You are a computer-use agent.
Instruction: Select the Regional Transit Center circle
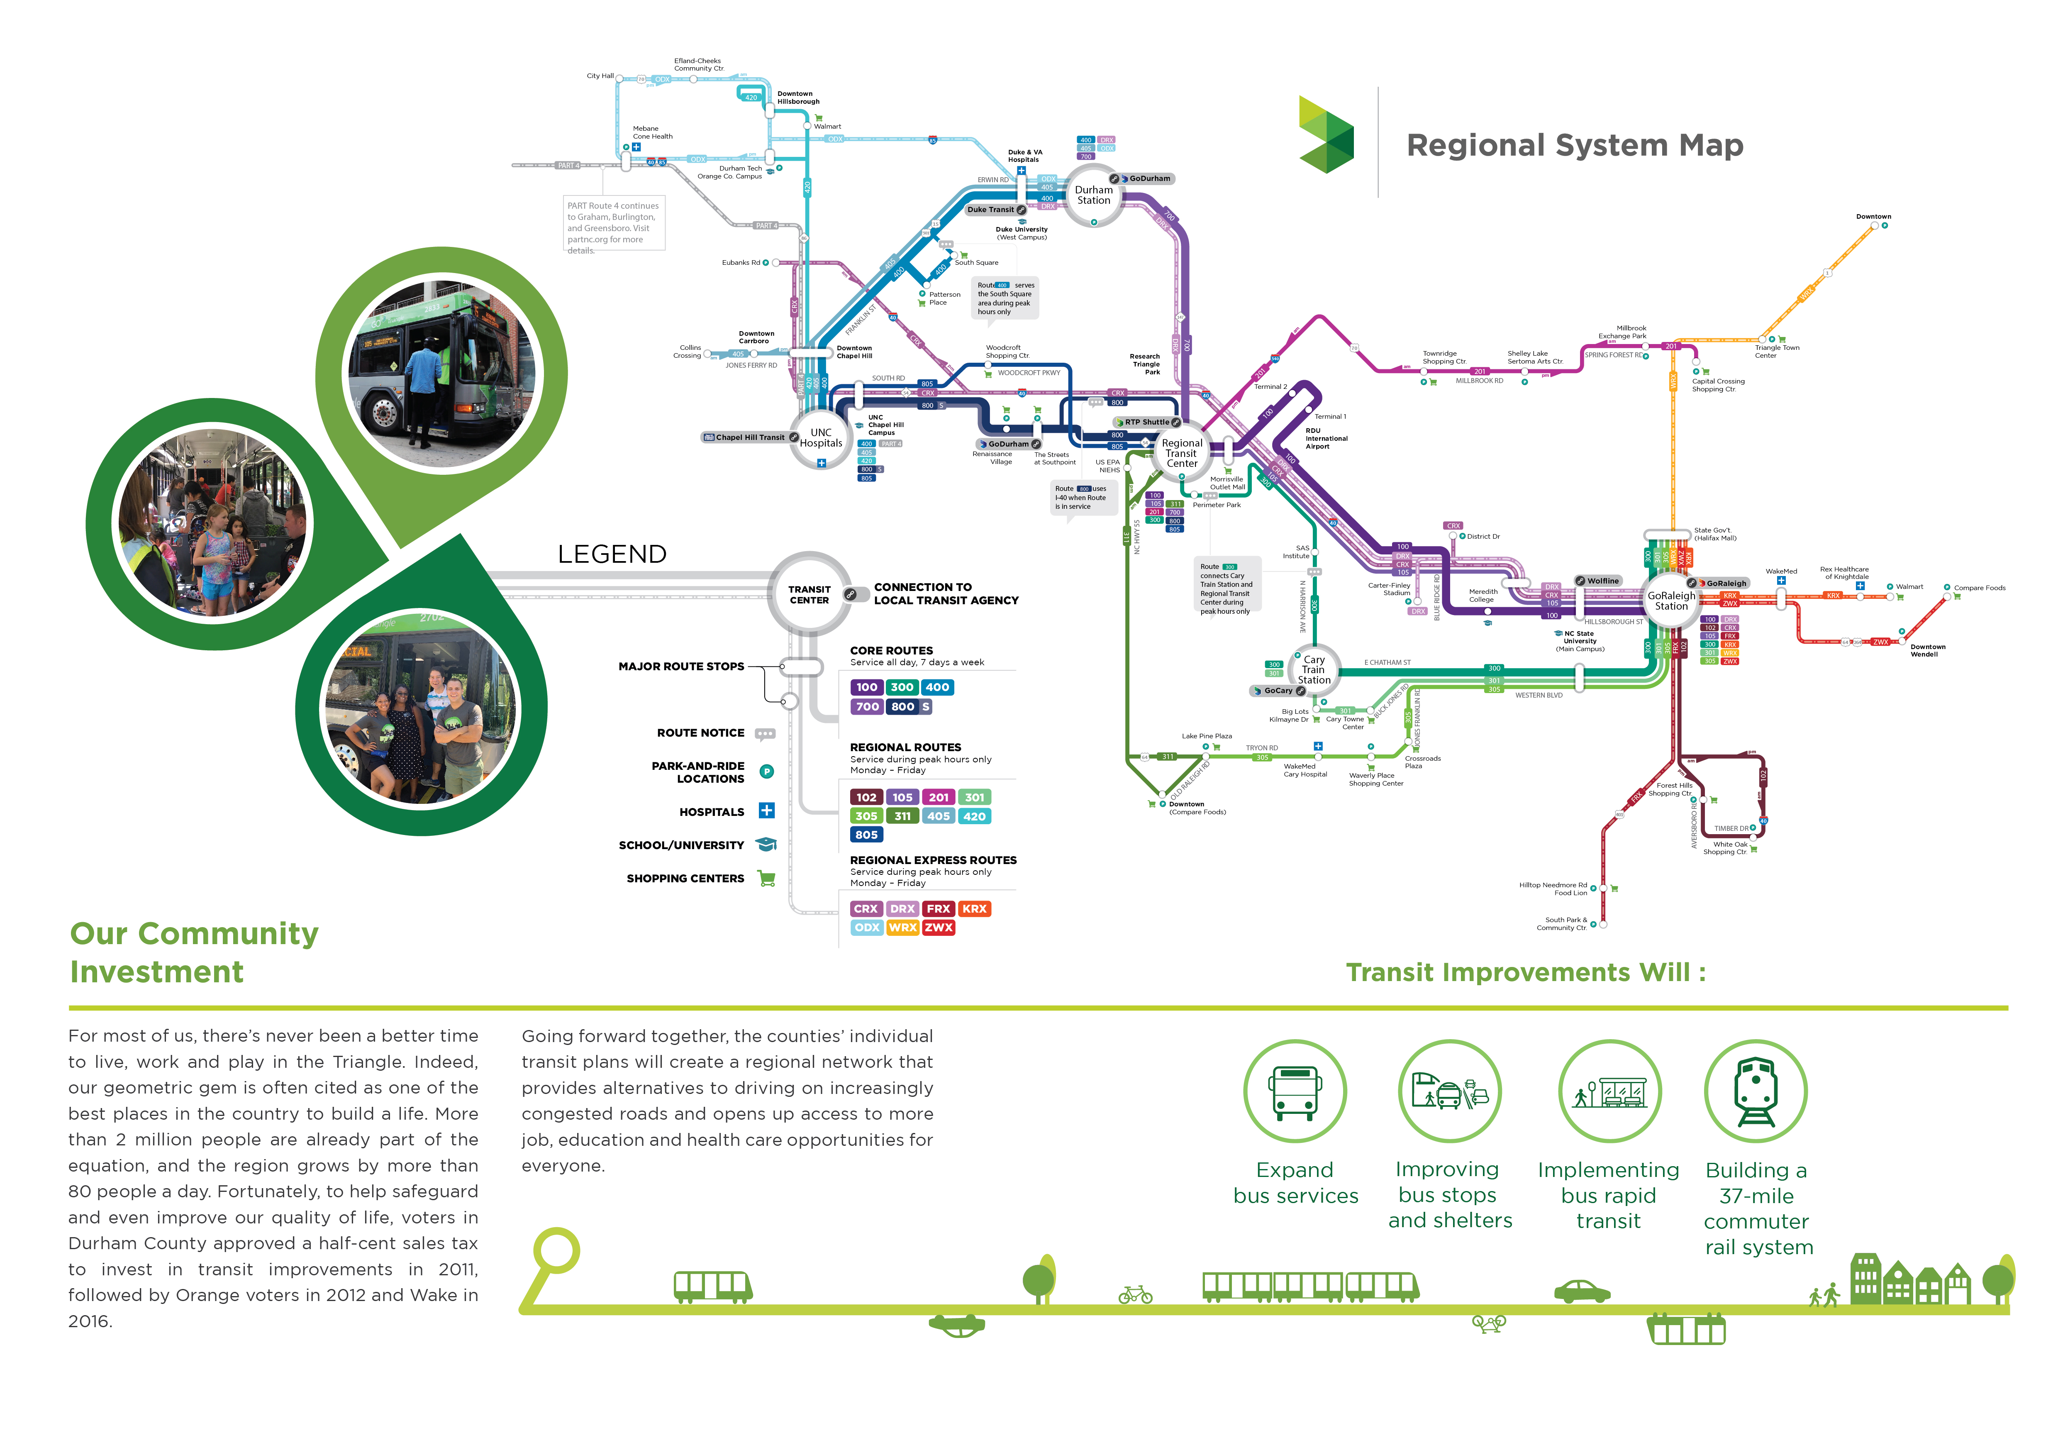(x=1181, y=453)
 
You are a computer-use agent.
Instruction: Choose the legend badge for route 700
(x=867, y=706)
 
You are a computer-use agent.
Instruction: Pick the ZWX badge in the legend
(x=939, y=928)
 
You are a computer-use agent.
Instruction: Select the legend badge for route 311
(x=902, y=816)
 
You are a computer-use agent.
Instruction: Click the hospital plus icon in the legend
(x=766, y=811)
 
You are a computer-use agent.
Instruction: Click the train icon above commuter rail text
(x=1755, y=1091)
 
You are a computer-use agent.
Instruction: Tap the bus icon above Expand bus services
(x=1294, y=1091)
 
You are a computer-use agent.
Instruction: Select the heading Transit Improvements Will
(x=1526, y=973)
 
